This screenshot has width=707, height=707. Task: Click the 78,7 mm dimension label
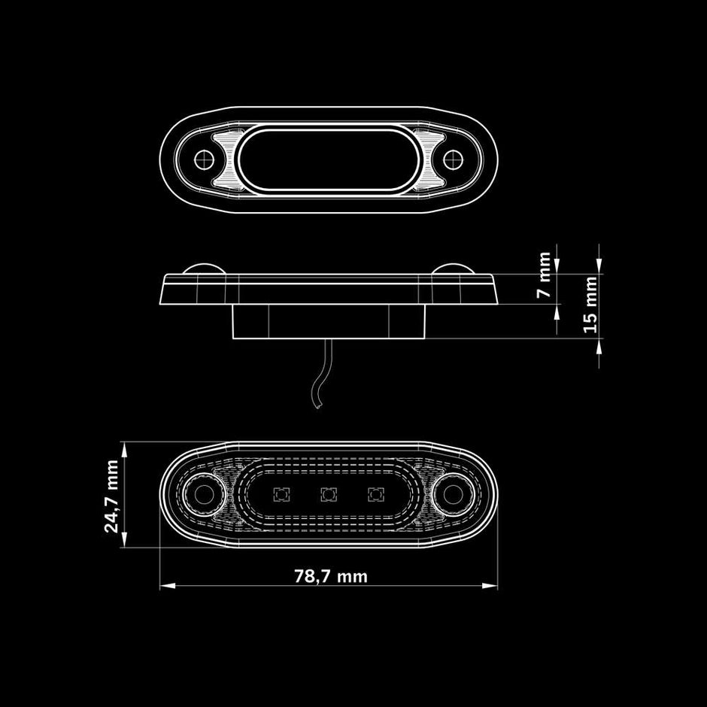331,576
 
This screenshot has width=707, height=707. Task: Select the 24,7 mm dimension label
111,496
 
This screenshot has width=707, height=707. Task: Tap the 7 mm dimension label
545,275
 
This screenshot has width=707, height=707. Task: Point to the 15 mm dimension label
590,305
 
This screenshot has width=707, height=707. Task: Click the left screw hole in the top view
205,159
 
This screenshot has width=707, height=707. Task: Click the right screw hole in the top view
453,159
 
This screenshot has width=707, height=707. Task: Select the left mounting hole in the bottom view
204,495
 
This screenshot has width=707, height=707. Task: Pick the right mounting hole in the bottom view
453,495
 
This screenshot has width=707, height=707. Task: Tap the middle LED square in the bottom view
329,495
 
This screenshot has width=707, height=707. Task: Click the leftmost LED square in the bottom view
281,495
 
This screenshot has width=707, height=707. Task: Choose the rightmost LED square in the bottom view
376,495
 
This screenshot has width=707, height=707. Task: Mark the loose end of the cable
318,407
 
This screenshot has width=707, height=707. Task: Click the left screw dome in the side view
205,269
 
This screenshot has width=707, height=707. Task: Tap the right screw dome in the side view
453,269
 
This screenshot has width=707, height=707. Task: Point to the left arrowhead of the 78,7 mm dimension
168,586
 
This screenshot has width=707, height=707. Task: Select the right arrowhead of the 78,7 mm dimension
490,586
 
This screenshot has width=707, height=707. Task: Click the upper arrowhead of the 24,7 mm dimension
124,450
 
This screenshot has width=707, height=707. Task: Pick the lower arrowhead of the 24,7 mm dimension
124,539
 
